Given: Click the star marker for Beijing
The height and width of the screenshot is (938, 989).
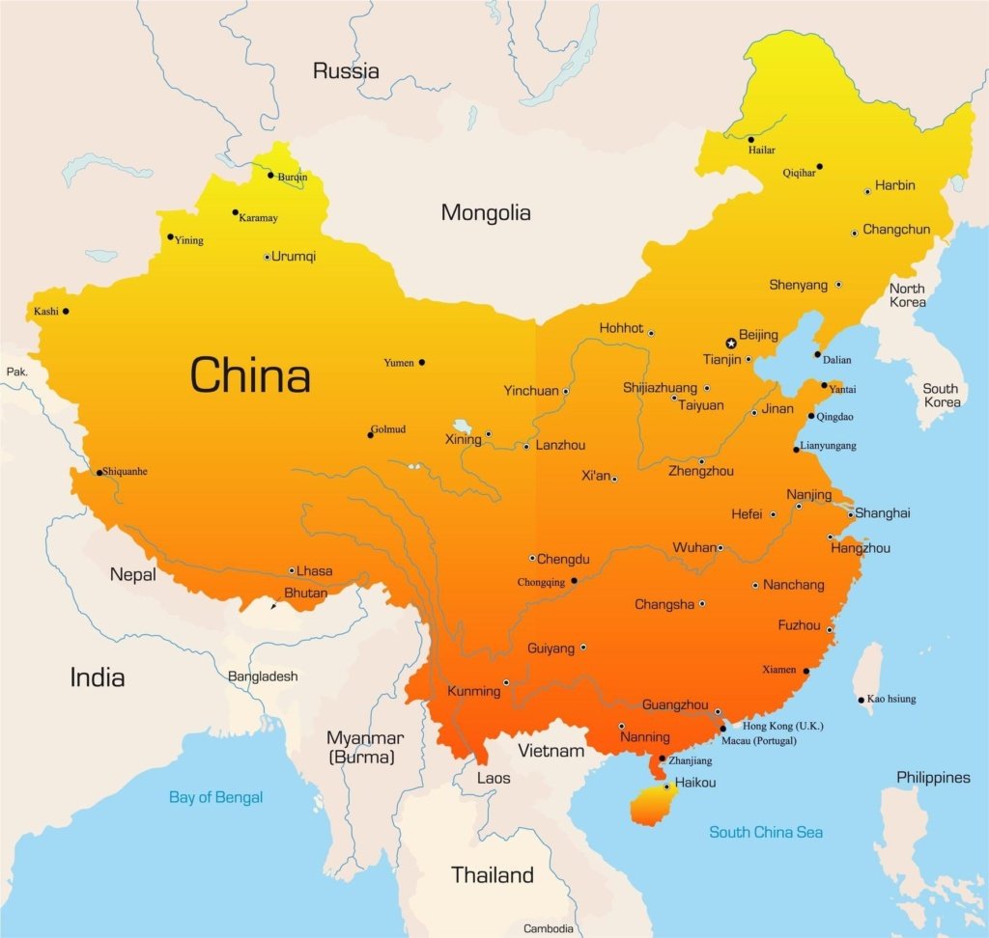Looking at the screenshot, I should pyautogui.click(x=731, y=344).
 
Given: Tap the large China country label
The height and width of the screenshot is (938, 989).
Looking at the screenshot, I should pyautogui.click(x=250, y=374).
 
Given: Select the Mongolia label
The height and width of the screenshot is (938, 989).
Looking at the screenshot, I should pyautogui.click(x=486, y=212).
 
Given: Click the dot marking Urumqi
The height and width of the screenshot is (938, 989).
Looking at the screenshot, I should pyautogui.click(x=268, y=257).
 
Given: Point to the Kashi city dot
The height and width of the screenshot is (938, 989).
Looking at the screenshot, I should pyautogui.click(x=66, y=311).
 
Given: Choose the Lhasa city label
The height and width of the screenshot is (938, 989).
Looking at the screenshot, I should pyautogui.click(x=314, y=570).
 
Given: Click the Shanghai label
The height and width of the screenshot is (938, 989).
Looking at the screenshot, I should pyautogui.click(x=882, y=513).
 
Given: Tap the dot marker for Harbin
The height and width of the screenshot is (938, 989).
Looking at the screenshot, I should pyautogui.click(x=867, y=192).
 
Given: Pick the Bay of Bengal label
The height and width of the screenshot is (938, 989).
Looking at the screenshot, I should pyautogui.click(x=215, y=797).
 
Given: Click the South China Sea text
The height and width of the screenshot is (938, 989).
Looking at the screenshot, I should pyautogui.click(x=766, y=832).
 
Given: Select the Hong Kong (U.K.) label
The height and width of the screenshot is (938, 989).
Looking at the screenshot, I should pyautogui.click(x=782, y=725).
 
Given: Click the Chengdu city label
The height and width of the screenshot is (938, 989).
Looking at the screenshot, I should pyautogui.click(x=563, y=559).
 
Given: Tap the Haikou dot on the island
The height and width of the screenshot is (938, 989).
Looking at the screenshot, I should pyautogui.click(x=666, y=786).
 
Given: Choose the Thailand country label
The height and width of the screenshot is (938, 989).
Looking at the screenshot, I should pyautogui.click(x=493, y=875).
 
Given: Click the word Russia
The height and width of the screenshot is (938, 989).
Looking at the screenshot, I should pyautogui.click(x=346, y=70).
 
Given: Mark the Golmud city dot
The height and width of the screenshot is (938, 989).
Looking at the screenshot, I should pyautogui.click(x=370, y=435).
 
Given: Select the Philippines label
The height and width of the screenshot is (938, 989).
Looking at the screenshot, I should pyautogui.click(x=933, y=777).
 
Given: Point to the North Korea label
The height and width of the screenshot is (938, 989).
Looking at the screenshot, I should pyautogui.click(x=907, y=295).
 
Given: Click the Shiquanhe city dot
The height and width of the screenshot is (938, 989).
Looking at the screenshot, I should pyautogui.click(x=99, y=473).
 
